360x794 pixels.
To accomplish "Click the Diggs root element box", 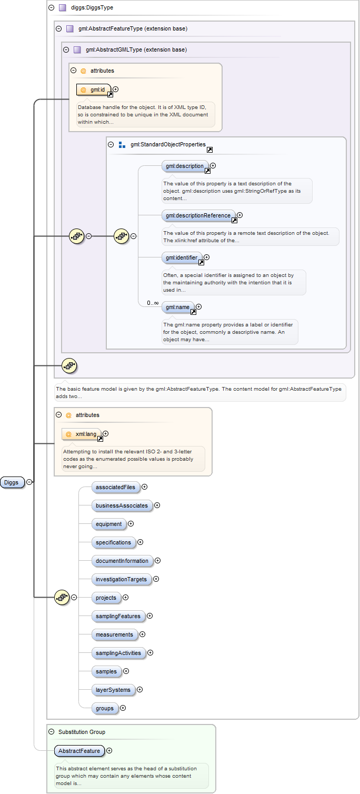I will coord(12,482).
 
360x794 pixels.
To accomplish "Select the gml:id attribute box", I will coord(94,90).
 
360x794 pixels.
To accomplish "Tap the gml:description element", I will coord(184,166).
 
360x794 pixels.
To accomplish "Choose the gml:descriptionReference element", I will coord(197,215).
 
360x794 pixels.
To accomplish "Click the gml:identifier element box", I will coord(181,258).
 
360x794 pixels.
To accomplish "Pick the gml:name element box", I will coord(177,307).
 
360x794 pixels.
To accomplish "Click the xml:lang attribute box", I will coord(82,434).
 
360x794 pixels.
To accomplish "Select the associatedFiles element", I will coord(115,487).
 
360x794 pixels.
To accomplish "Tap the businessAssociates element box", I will coord(122,505).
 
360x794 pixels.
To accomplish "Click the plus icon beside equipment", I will coord(131,524).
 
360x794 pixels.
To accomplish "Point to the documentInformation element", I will coord(122,561).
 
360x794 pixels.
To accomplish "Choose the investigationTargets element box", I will coord(121,579).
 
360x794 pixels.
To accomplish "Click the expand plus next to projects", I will coord(126,598).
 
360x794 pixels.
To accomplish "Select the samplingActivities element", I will coord(118,653).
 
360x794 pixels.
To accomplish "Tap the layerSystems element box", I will coord(113,690).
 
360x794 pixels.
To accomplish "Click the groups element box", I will coord(105,708).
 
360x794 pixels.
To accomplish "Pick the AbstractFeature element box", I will coord(79,751).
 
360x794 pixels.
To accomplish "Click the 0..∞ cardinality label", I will coord(153,303).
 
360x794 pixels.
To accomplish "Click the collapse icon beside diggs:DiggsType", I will coord(51,8).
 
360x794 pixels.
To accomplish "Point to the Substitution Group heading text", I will coord(82,732).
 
